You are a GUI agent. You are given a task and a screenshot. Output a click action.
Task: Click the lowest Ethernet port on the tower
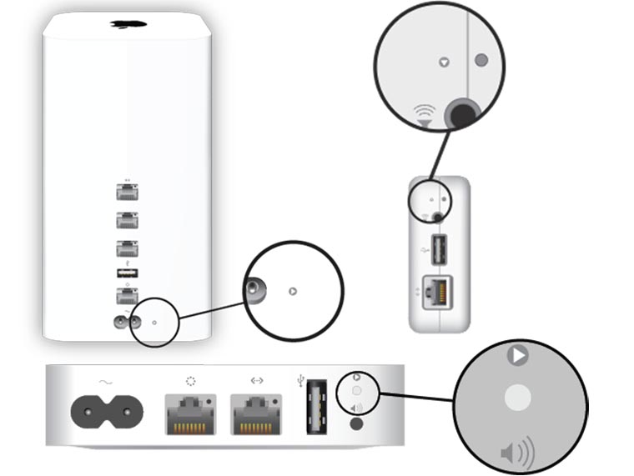pyautogui.click(x=127, y=296)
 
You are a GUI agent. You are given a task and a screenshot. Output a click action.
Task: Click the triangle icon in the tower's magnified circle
pyautogui.click(x=292, y=292)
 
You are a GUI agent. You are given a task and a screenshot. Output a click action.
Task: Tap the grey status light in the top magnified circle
pyautogui.click(x=481, y=60)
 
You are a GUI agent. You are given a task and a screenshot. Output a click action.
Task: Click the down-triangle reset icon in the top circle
pyautogui.click(x=444, y=61)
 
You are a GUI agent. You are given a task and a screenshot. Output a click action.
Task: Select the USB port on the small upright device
pyautogui.click(x=439, y=250)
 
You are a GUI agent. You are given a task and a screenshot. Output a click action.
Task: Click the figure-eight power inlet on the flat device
pyautogui.click(x=107, y=409)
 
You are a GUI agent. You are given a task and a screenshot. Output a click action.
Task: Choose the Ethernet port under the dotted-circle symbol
pyautogui.click(x=191, y=410)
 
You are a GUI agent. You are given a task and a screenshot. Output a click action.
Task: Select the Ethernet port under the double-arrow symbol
pyautogui.click(x=256, y=410)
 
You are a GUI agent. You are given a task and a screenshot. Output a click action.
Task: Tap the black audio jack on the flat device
pyautogui.click(x=357, y=423)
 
